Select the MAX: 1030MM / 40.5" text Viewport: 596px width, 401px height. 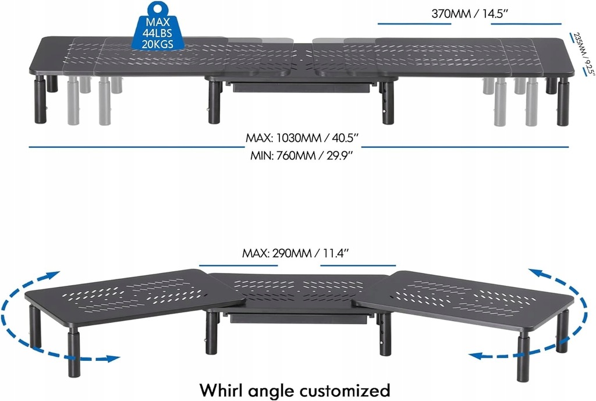click(301, 139)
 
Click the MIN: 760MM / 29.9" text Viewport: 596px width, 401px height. click(302, 156)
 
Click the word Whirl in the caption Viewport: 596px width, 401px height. click(226, 388)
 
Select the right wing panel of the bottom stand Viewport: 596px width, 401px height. click(466, 294)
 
